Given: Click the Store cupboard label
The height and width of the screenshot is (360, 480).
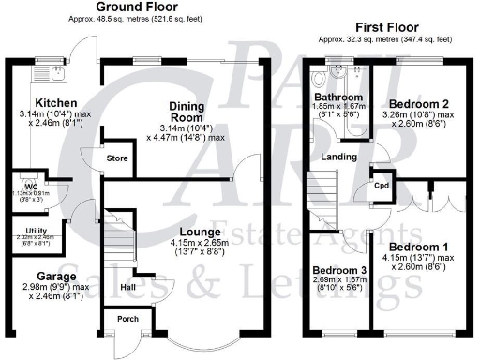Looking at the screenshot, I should (x=116, y=159).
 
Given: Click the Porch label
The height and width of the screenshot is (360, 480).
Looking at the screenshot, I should (x=127, y=319).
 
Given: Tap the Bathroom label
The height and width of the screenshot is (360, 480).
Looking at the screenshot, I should (x=339, y=96).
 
